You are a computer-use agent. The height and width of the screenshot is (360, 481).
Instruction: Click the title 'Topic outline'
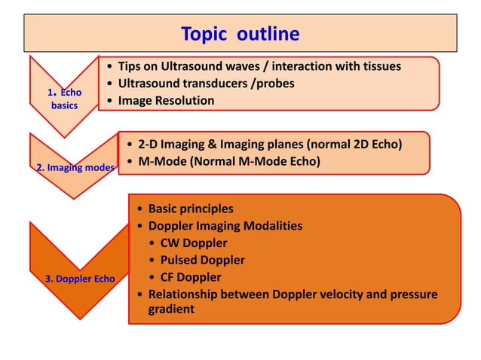point(240,34)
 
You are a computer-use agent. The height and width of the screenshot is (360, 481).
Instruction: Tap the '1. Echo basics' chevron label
point(64,99)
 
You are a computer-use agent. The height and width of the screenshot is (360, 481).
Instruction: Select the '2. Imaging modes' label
point(75,167)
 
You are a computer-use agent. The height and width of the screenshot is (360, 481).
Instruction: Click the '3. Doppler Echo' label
point(80,279)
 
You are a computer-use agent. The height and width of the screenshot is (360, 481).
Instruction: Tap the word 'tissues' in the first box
point(377,66)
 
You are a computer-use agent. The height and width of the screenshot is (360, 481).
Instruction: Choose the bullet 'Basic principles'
point(191,209)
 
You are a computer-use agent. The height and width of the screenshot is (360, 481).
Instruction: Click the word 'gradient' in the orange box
point(171,310)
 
